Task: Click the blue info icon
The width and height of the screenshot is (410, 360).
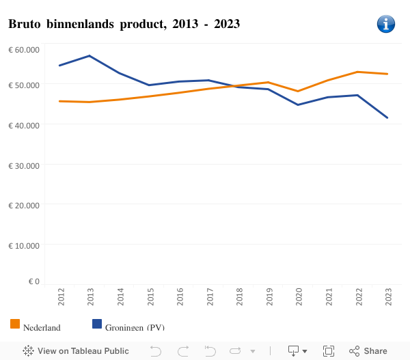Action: (386, 24)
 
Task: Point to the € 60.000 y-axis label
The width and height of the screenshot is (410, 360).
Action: (24, 50)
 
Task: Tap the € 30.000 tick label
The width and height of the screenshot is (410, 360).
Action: (24, 165)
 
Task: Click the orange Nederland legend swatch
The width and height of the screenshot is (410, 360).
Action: (15, 324)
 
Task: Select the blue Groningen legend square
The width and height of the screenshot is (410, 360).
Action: (96, 324)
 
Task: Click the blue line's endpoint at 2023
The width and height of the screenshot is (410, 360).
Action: (388, 118)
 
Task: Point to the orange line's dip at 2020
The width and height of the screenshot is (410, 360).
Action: (299, 91)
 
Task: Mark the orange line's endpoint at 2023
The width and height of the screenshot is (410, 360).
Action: (388, 74)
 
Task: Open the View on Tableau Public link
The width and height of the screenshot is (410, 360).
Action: (76, 351)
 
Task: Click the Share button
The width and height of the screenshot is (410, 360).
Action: (368, 351)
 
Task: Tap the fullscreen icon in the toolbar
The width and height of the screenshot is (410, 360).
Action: (329, 351)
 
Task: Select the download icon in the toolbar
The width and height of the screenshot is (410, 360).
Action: (294, 351)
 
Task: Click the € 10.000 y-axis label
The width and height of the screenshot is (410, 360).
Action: (24, 245)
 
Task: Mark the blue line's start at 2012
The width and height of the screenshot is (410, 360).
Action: (60, 66)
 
